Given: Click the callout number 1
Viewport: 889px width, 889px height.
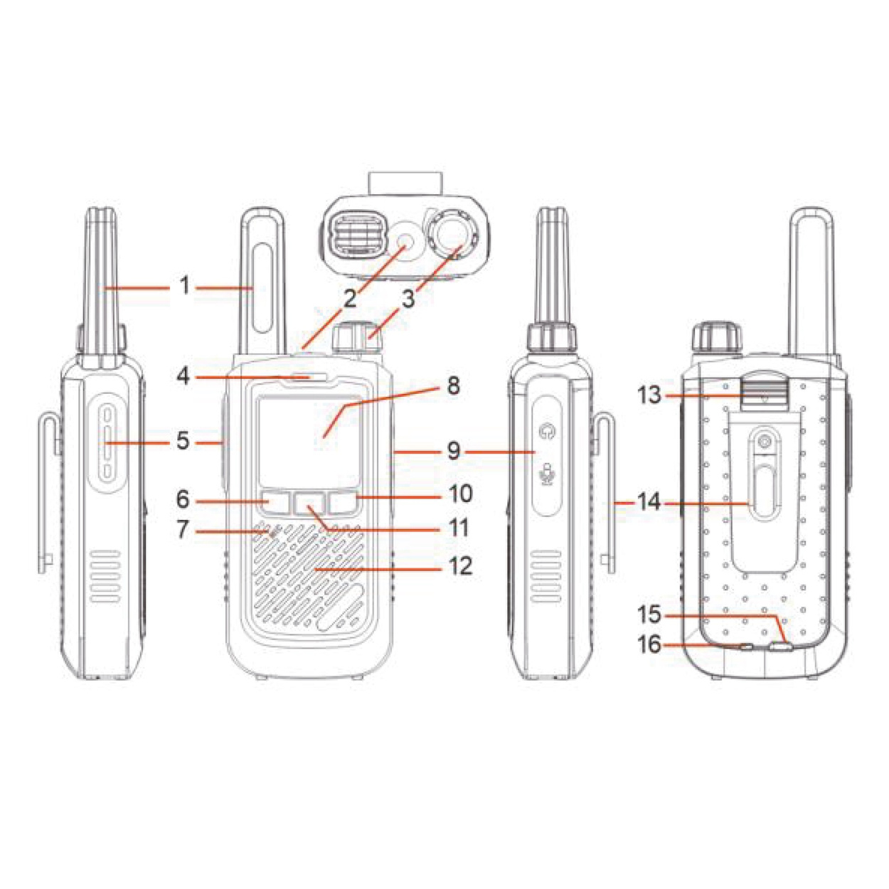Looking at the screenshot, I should [x=185, y=287].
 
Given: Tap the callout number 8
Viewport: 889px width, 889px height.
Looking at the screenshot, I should [x=453, y=386].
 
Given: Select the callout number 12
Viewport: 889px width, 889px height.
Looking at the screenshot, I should [x=460, y=566].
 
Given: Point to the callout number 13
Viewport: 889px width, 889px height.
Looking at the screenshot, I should [x=649, y=395].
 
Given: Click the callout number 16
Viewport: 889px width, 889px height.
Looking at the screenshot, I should [x=649, y=645].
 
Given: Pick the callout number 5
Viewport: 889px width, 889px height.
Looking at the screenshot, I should [x=183, y=442].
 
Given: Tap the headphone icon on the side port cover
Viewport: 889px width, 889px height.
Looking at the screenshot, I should [x=547, y=430].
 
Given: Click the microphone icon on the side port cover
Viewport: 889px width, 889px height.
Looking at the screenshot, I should [x=547, y=474].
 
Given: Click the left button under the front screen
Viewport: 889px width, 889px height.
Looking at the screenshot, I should [x=275, y=503].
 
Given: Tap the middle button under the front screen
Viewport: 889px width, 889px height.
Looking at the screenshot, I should [x=308, y=503].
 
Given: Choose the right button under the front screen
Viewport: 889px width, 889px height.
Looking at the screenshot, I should [x=342, y=503].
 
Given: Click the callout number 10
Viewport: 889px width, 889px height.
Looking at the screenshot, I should [x=460, y=494].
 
